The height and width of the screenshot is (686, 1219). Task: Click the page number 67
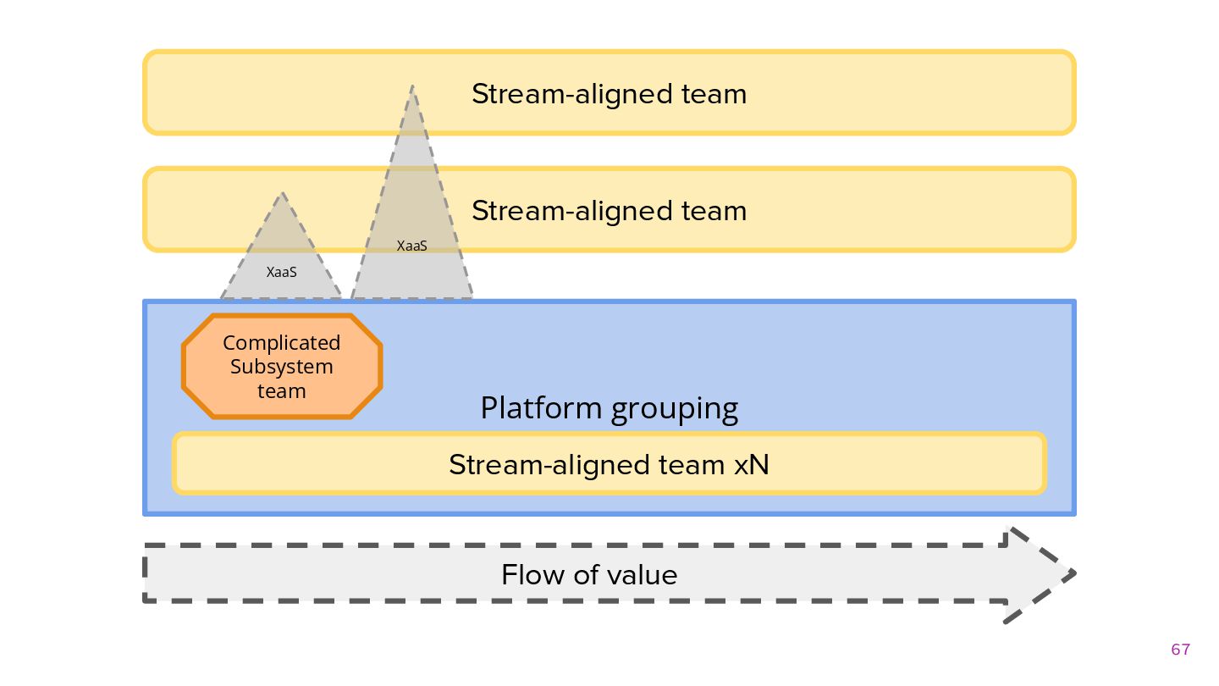(1180, 650)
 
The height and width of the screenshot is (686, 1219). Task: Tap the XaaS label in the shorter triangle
(281, 272)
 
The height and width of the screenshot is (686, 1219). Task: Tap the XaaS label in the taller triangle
(412, 246)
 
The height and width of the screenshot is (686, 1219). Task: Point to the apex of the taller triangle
(412, 86)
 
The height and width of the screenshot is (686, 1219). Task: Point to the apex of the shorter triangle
(282, 193)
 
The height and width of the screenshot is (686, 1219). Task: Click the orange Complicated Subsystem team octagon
(282, 366)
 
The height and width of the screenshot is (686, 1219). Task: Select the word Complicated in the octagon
(281, 343)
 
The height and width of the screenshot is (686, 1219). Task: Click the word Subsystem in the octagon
(281, 367)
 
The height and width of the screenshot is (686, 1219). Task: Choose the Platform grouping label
(609, 409)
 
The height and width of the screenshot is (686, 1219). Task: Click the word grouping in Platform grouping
(674, 410)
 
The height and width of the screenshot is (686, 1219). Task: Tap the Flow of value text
(589, 575)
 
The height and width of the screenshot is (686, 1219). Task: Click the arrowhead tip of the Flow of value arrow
(1075, 573)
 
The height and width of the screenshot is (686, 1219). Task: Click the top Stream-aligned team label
(609, 94)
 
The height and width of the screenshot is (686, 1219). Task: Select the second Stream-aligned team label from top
(609, 211)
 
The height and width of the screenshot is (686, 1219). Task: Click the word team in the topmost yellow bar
(714, 95)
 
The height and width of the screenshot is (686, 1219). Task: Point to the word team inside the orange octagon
(281, 391)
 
